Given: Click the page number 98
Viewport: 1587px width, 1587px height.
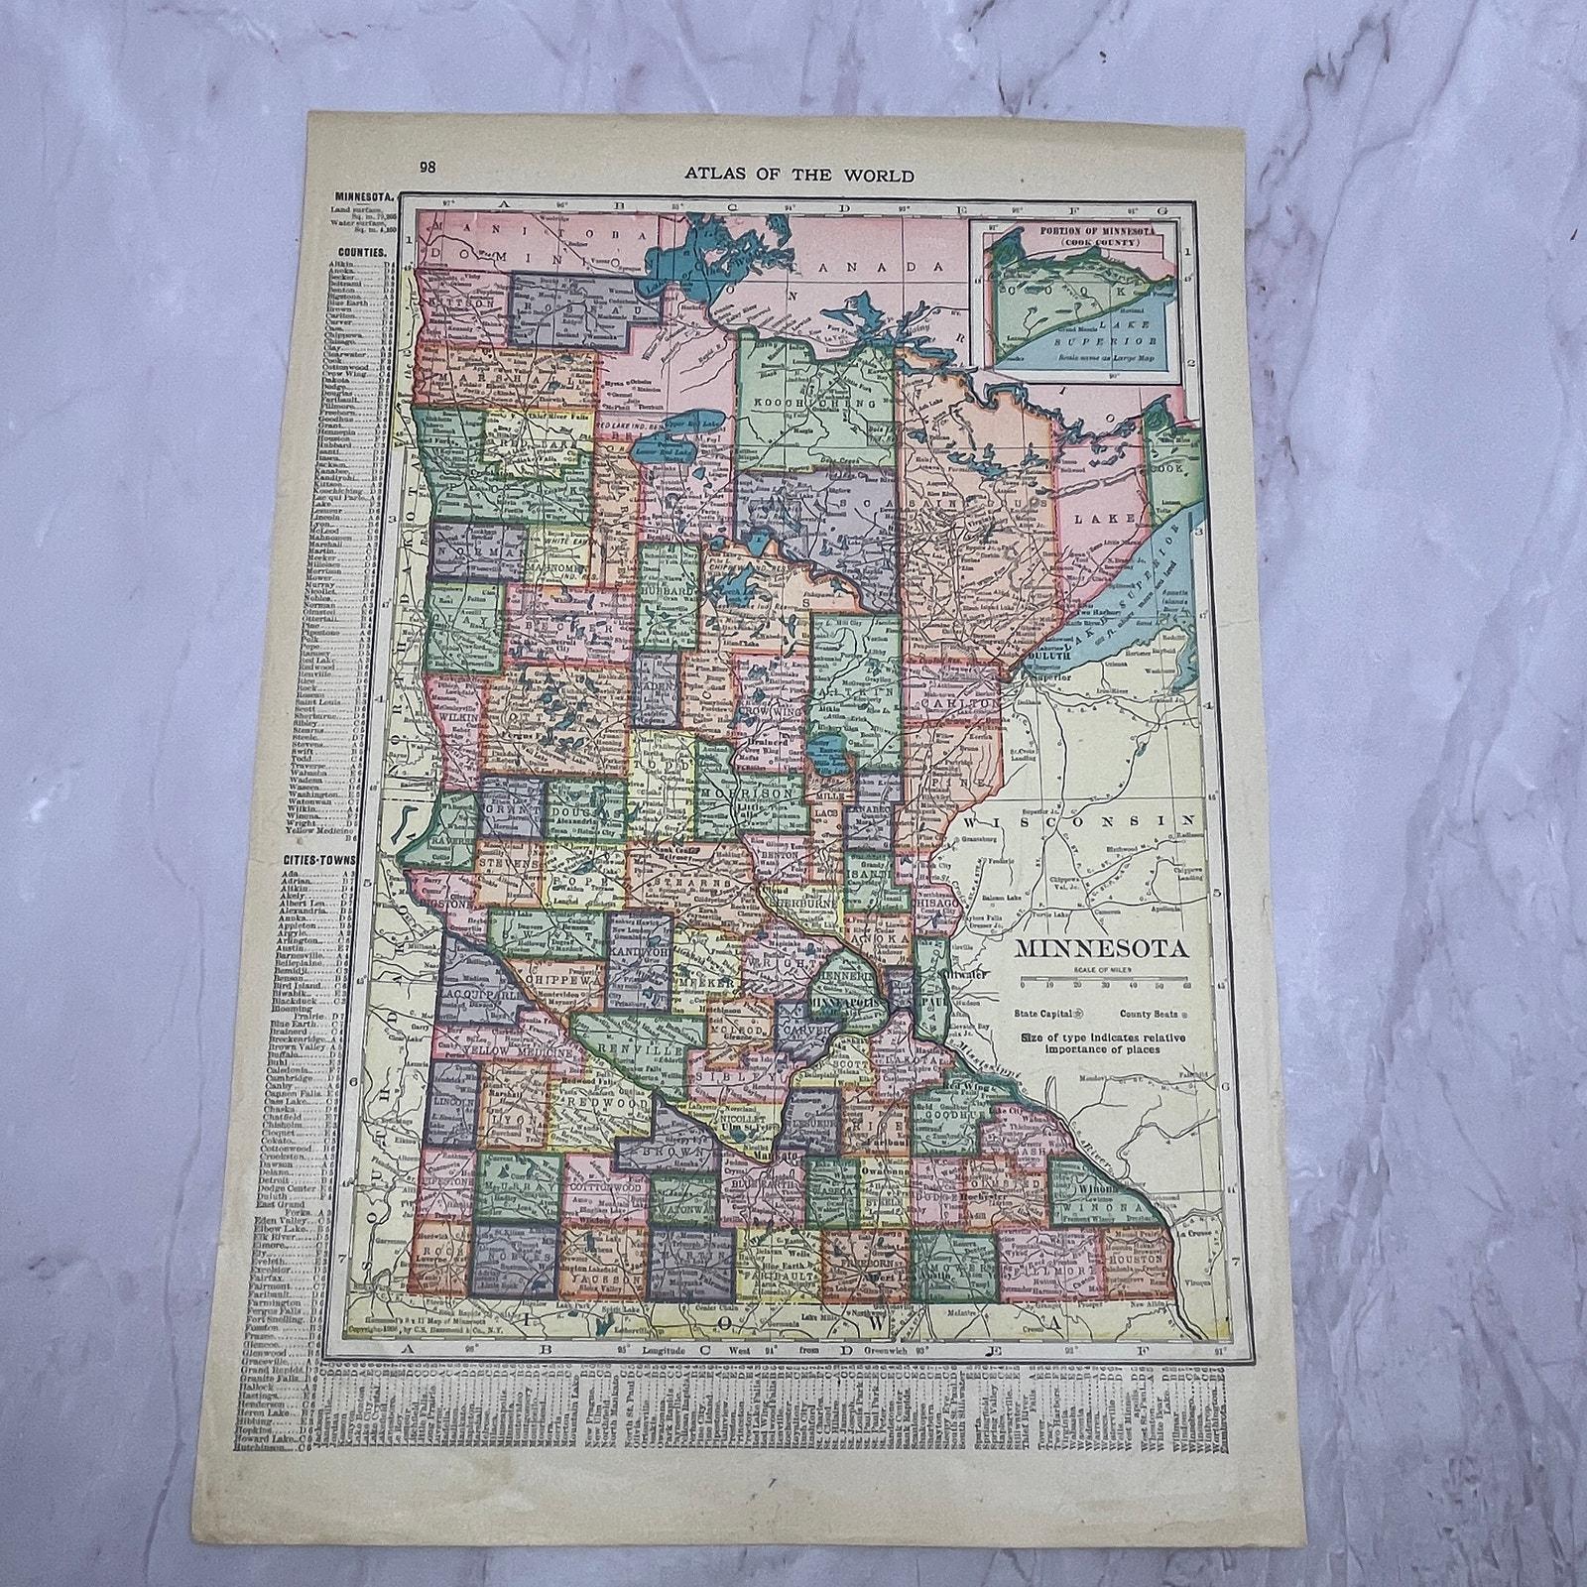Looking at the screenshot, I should (427, 168).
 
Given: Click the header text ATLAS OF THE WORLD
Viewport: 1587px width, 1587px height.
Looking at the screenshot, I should (799, 176).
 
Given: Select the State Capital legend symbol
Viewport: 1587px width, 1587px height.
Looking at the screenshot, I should (1079, 1015).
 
